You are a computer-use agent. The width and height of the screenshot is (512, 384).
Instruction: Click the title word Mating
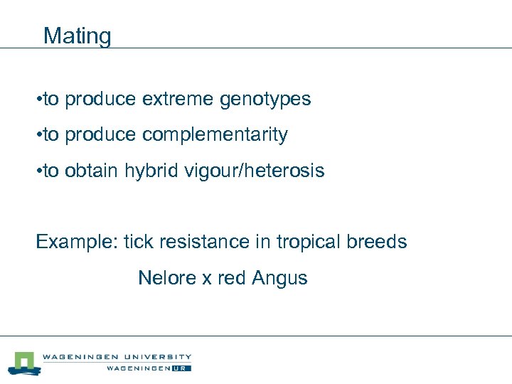[77, 36]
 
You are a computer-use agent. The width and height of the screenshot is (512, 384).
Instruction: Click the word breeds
[377, 242]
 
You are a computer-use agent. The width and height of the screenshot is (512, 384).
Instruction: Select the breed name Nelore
[167, 277]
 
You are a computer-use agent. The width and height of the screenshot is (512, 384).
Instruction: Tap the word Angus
[279, 278]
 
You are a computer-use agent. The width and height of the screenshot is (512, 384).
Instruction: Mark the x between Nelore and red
[207, 278]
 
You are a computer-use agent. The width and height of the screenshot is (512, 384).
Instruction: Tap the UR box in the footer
[183, 368]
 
